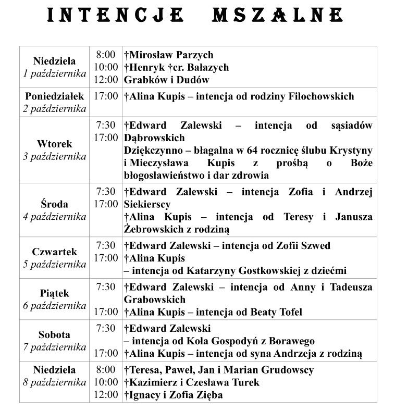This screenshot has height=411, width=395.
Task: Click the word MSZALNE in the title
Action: tap(277, 15)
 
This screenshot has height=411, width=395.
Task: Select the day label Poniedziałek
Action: tap(54, 96)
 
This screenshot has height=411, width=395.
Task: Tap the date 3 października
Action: tap(54, 156)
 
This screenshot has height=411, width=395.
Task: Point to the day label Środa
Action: tap(54, 204)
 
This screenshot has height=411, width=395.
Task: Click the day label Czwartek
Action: tap(54, 252)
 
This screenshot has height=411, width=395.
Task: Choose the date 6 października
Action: tap(54, 306)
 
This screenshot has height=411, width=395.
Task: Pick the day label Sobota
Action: tap(54, 335)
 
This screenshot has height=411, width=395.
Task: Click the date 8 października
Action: tap(54, 382)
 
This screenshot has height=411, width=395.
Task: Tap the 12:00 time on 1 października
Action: tap(106, 80)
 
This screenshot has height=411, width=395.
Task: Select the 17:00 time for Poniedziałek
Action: tap(106, 96)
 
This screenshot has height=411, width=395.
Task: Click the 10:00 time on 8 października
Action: tap(106, 382)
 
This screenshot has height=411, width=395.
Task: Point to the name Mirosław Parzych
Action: tap(169, 55)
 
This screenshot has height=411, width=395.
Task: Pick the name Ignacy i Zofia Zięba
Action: tap(174, 395)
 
